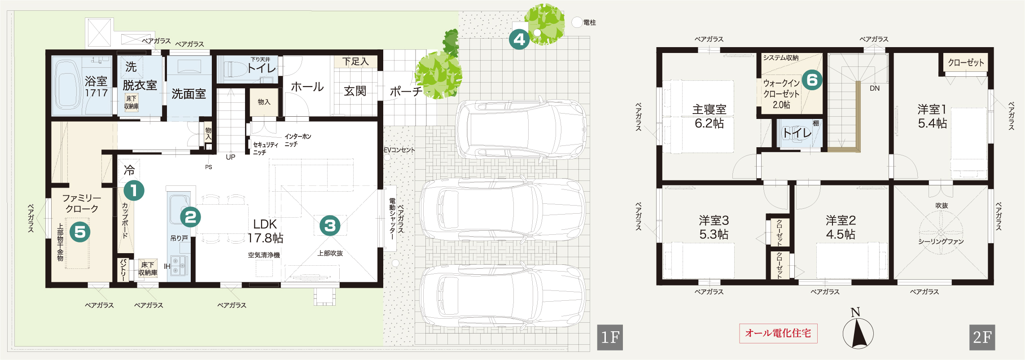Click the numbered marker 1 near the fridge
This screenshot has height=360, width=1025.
(x=133, y=190)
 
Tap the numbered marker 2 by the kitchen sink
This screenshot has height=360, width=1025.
(x=190, y=217)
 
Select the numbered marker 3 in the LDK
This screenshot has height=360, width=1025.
(x=330, y=226)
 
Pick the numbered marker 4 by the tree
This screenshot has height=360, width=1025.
(x=519, y=40)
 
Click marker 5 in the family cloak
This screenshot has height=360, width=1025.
(x=80, y=232)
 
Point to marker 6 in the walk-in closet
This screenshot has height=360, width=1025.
(x=812, y=80)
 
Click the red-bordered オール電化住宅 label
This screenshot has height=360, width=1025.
(x=778, y=334)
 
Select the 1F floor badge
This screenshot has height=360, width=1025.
(x=610, y=337)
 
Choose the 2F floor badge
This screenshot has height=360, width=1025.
(x=982, y=337)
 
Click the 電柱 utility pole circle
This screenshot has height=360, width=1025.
(x=577, y=22)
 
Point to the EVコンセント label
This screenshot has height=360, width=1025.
(x=399, y=150)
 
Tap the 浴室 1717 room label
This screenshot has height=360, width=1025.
(x=96, y=87)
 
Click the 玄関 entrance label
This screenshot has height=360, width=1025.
(x=355, y=91)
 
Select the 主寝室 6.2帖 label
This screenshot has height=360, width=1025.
(x=709, y=116)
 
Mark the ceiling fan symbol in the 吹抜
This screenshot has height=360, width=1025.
(x=941, y=233)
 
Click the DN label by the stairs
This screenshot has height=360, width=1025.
(x=875, y=88)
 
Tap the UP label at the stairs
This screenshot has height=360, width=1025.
(x=231, y=157)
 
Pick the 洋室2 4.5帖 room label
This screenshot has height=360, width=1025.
(x=841, y=227)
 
